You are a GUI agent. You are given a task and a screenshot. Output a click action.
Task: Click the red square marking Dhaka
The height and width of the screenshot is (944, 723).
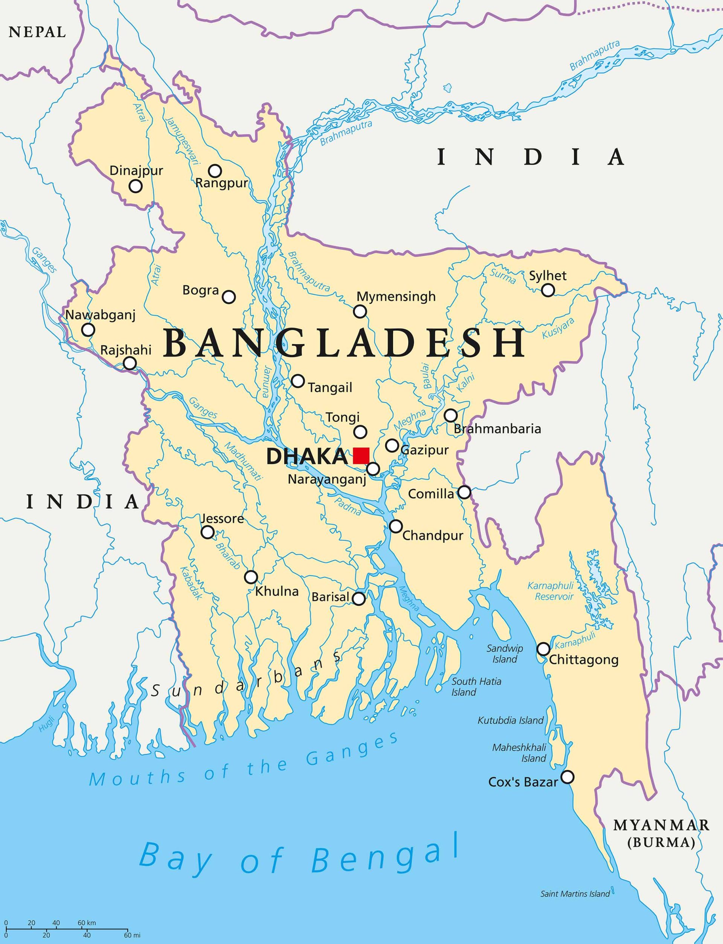361,456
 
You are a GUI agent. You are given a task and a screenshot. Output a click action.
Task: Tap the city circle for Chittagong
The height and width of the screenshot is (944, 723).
543,649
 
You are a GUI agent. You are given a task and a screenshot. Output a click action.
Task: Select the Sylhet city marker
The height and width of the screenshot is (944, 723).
548,290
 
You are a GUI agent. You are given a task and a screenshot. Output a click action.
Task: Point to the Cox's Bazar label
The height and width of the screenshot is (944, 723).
523,782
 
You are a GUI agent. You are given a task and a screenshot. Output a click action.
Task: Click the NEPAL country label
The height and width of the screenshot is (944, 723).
37,32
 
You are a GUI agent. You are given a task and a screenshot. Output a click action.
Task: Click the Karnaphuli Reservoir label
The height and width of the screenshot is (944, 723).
554,591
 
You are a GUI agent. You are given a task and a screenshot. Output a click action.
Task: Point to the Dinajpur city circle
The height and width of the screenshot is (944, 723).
136,186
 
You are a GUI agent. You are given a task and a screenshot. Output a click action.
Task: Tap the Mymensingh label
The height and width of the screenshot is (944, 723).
396,297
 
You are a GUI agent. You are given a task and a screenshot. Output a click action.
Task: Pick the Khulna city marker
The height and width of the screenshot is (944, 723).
251,577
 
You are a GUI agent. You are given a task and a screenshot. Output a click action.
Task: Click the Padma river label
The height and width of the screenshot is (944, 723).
347,506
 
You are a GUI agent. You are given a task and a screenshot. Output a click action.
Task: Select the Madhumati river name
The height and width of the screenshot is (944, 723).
243,461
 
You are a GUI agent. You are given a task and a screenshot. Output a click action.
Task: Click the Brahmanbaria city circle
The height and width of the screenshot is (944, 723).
450,416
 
